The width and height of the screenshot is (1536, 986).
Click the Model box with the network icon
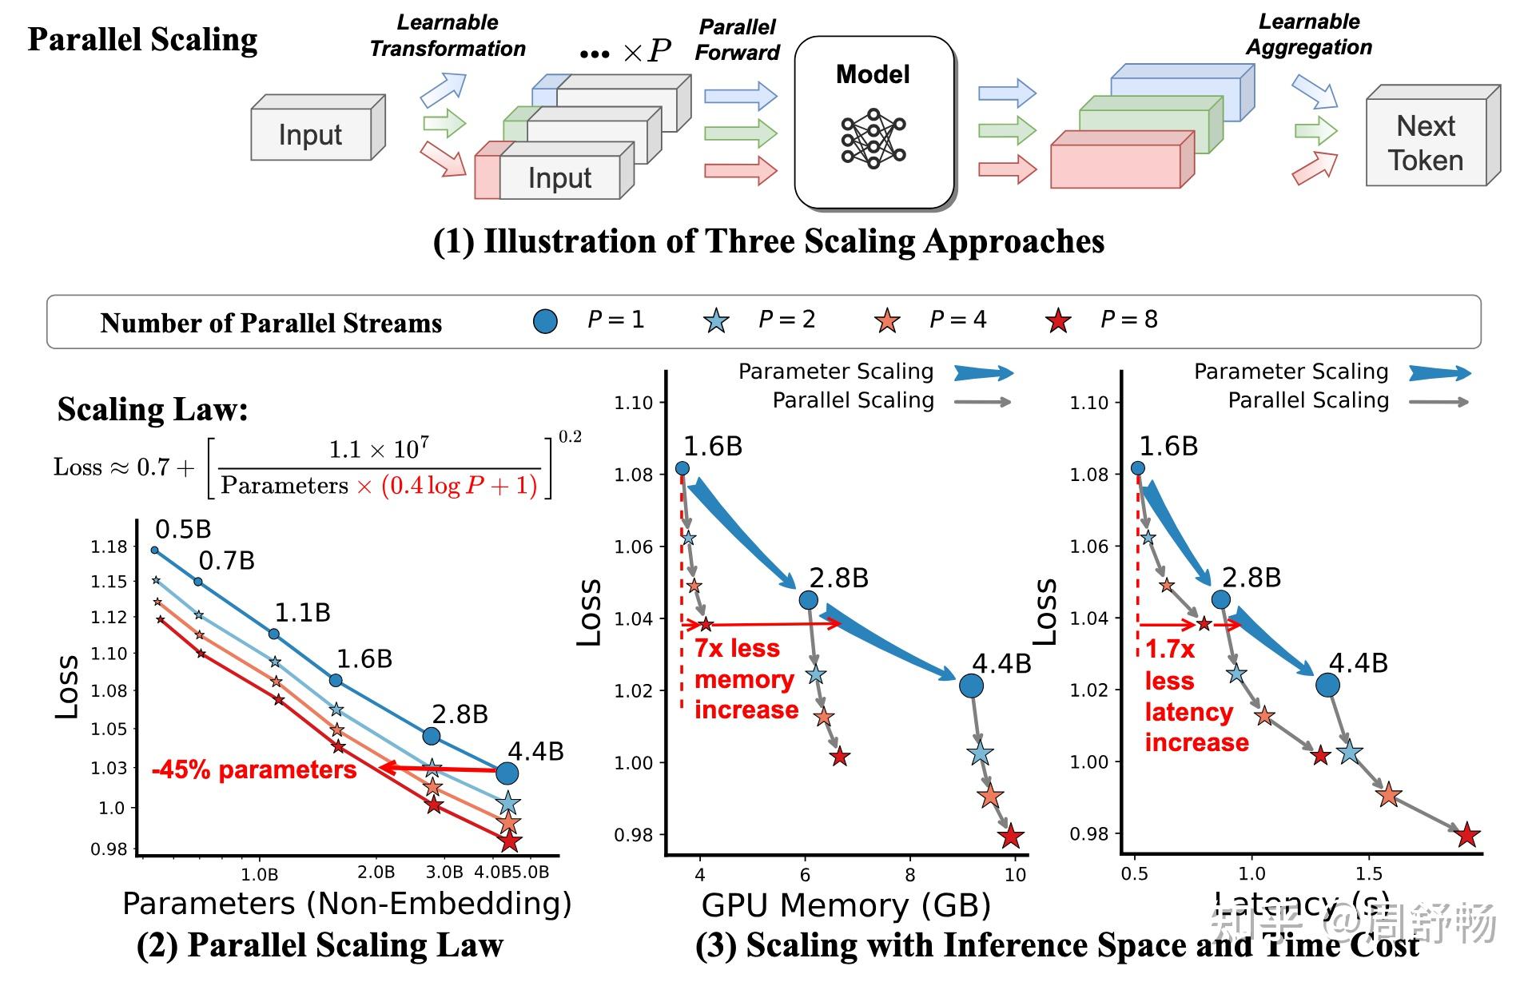[874, 121]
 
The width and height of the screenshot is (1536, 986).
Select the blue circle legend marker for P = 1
[545, 321]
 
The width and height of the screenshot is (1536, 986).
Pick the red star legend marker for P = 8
[1058, 321]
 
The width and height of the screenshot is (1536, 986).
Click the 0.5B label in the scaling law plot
[183, 529]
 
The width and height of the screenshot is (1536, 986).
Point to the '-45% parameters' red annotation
[254, 769]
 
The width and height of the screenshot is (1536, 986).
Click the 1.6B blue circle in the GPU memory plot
[682, 468]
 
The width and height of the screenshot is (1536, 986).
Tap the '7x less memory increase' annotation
[745, 679]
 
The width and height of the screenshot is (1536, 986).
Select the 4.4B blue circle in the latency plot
[1327, 685]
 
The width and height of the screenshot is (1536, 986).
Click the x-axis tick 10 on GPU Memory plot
[1015, 874]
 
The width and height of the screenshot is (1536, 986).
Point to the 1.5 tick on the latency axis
[1369, 874]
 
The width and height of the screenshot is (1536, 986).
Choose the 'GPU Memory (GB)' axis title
[846, 905]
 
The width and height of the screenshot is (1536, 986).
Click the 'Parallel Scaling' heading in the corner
[143, 39]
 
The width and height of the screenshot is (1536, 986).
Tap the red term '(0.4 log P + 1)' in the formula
[459, 486]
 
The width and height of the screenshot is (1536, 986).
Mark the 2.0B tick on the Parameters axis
[376, 873]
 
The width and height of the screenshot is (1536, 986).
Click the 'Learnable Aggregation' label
[1309, 34]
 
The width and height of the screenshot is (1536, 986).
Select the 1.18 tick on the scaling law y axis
[109, 547]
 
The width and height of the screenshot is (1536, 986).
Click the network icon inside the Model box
[873, 139]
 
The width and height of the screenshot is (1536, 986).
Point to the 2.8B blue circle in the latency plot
[1220, 599]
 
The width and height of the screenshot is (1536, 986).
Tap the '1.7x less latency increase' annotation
[1196, 695]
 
